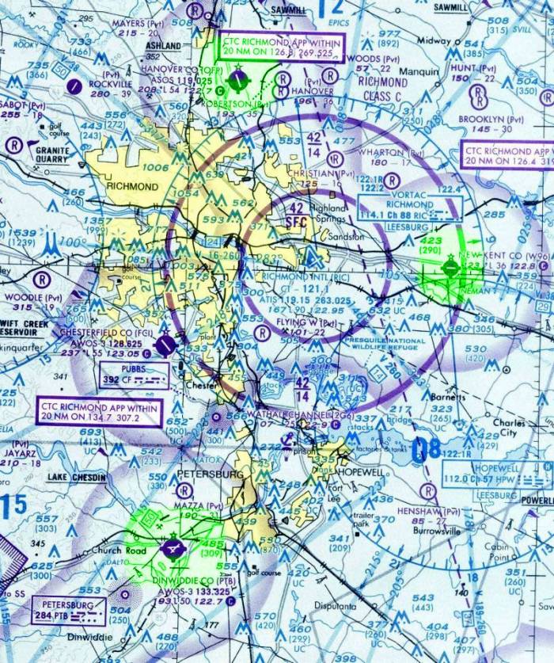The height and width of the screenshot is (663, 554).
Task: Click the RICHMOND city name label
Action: click(x=131, y=187)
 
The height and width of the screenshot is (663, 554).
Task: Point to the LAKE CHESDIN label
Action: click(x=76, y=478)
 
